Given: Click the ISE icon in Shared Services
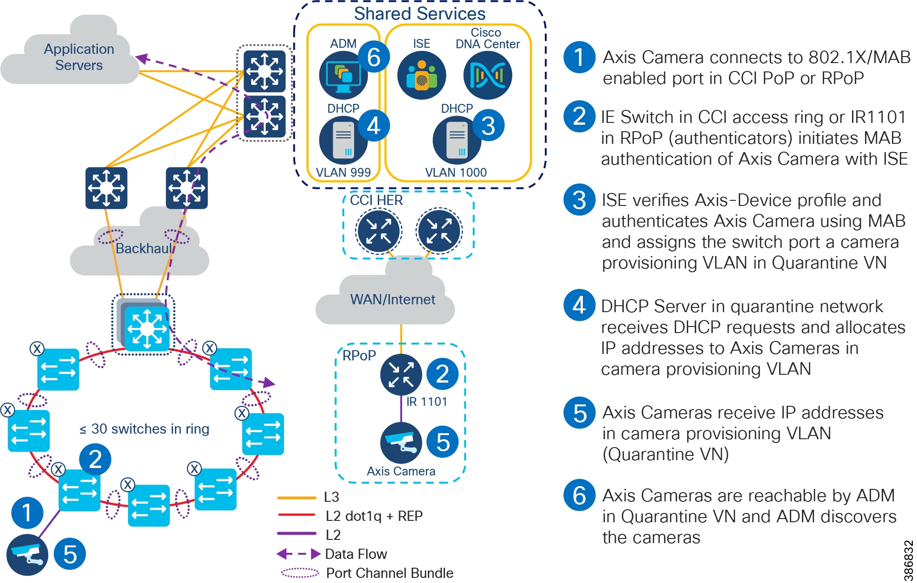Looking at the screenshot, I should [421, 75].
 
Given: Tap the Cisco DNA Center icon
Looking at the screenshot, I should [487, 75].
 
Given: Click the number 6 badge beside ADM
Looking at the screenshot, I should [374, 57].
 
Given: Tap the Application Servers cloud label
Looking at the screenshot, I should [79, 57].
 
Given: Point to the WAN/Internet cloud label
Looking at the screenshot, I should [393, 300].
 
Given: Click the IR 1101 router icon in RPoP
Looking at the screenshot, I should [401, 375].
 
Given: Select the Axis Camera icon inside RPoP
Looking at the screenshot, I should [401, 442].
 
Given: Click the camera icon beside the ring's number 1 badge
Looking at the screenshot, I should [27, 555].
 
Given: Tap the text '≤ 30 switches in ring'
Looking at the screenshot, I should [144, 429].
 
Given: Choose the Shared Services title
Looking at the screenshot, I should [420, 13].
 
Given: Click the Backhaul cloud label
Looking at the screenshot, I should [144, 249].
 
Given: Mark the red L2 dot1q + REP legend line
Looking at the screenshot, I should [297, 515].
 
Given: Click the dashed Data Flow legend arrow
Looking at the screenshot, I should [298, 554].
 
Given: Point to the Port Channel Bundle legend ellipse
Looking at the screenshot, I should [300, 573].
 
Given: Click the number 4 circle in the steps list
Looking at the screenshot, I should [579, 305].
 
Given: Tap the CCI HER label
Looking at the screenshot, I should [376, 200].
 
